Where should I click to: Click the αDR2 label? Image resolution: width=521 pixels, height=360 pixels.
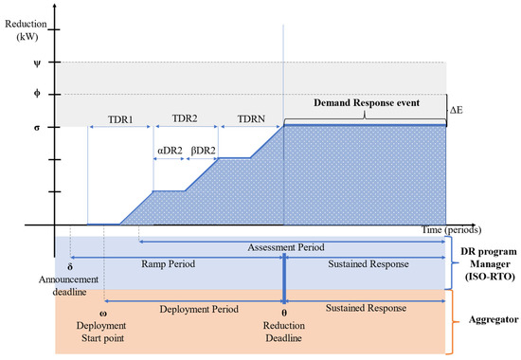coord(170,150)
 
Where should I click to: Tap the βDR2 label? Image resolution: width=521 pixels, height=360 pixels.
coord(203,150)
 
